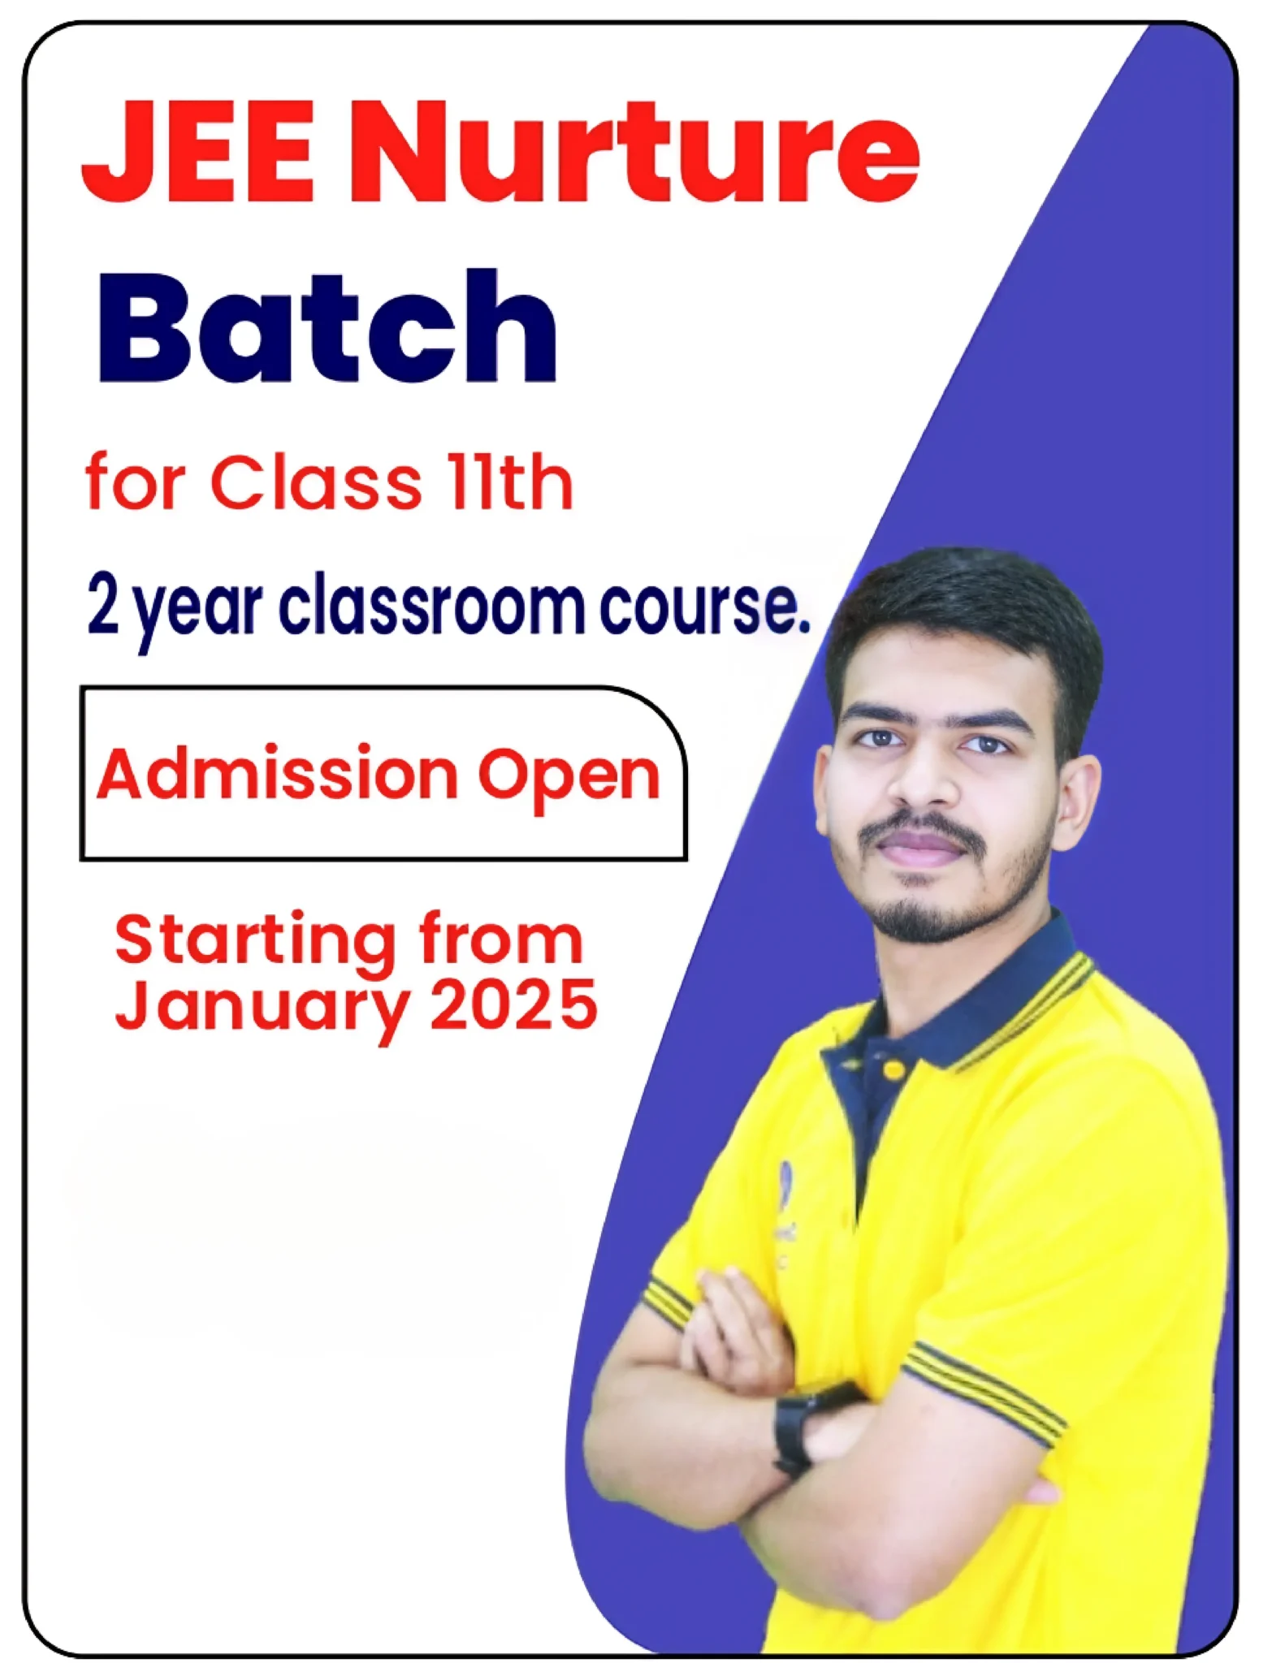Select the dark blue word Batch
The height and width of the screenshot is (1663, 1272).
(327, 326)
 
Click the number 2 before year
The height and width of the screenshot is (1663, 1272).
(103, 606)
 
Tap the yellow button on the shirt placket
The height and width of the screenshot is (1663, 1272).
(894, 1071)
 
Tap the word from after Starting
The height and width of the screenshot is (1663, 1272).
(500, 939)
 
